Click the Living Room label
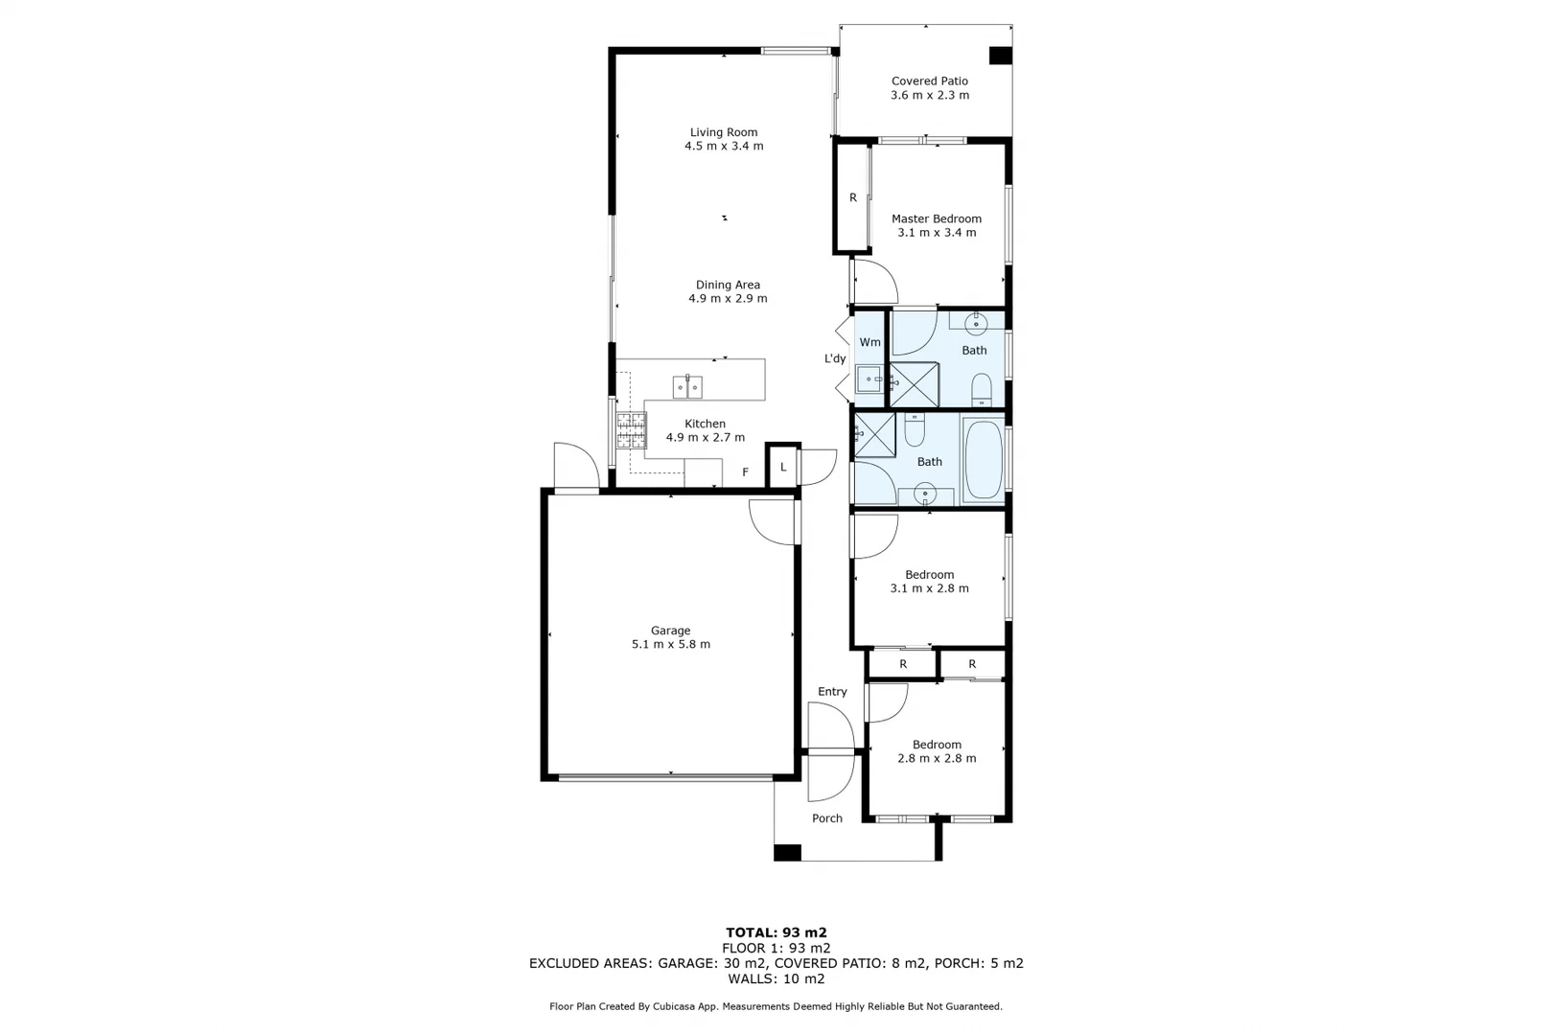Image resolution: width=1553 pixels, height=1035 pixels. (x=724, y=132)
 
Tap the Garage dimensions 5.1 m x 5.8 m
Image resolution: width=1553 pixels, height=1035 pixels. (x=670, y=645)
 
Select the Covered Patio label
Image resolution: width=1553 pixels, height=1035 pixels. (x=929, y=81)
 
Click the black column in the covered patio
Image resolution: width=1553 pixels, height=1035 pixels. (x=1000, y=56)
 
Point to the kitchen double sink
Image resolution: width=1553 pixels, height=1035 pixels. (x=686, y=387)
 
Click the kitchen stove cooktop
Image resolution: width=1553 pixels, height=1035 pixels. (x=631, y=430)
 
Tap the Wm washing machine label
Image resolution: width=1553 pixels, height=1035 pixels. (x=869, y=342)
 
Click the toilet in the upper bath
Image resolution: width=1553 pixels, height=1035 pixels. (x=982, y=390)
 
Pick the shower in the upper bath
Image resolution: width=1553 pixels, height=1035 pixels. (x=914, y=384)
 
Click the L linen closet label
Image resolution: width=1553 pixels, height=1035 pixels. (x=783, y=468)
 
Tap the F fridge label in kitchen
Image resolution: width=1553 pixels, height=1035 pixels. (x=745, y=472)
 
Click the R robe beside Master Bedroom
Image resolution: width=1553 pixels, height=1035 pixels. (x=852, y=198)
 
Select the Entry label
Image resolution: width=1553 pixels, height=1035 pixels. (x=832, y=692)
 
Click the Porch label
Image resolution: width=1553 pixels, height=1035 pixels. (x=826, y=818)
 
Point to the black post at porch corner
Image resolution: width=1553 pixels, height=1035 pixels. (x=787, y=852)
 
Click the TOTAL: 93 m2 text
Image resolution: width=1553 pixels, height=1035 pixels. (x=776, y=932)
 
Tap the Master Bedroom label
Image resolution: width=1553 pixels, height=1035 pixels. (x=936, y=218)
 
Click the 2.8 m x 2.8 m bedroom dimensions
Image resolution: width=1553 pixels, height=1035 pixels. (x=936, y=759)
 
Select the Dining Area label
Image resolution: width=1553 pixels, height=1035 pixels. (x=728, y=285)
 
